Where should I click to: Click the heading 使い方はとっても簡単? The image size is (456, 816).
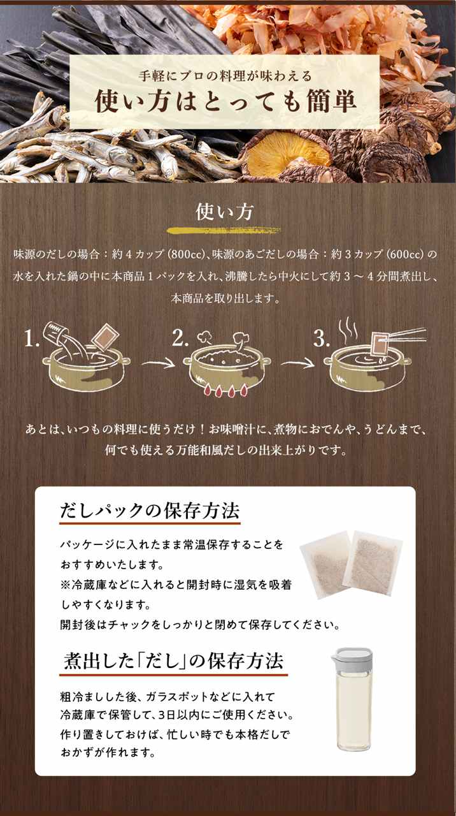(225, 101)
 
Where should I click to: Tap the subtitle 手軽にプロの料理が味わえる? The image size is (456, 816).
(225, 76)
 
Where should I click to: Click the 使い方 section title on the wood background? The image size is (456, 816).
(225, 211)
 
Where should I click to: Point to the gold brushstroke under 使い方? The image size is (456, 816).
(224, 231)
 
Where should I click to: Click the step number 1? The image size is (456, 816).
(32, 338)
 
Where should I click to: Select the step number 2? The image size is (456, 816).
(180, 338)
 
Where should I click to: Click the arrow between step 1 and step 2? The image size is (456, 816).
(159, 363)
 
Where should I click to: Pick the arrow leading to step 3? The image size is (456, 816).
(297, 363)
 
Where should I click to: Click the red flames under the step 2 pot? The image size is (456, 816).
(226, 391)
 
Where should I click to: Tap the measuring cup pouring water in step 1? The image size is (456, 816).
(57, 333)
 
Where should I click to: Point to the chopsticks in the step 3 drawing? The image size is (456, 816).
(406, 335)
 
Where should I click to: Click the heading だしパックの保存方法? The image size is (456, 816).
(150, 511)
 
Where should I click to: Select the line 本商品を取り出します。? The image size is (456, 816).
(226, 299)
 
